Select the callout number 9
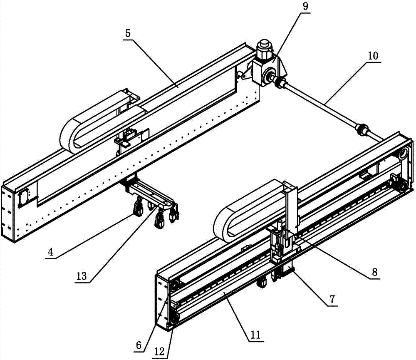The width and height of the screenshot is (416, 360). pyautogui.click(x=306, y=6)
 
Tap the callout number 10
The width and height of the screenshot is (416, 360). pyautogui.click(x=373, y=56)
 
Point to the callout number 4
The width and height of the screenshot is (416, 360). pyautogui.click(x=50, y=251)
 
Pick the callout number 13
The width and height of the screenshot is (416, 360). pyautogui.click(x=82, y=276)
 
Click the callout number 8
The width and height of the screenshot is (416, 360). pyautogui.click(x=374, y=272)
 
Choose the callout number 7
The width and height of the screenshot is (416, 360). pyautogui.click(x=332, y=299)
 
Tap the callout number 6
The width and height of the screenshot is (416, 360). pyautogui.click(x=139, y=345)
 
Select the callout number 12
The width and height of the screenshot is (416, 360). pyautogui.click(x=160, y=352)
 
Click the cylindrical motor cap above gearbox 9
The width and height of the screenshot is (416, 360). pyautogui.click(x=264, y=47)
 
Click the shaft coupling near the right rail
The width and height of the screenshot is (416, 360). pyautogui.click(x=363, y=129)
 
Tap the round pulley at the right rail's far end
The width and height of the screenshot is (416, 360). pyautogui.click(x=403, y=154)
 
